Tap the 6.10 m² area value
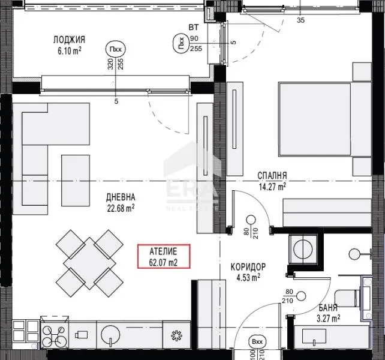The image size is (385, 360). (68, 51)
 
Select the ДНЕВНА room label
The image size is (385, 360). (121, 197)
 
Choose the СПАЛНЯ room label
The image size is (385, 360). (272, 175)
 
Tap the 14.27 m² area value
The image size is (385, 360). (272, 186)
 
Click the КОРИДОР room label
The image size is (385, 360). (248, 266)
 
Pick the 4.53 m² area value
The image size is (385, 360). (248, 277)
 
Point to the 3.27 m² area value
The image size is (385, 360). (328, 319)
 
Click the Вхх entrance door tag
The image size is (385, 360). (258, 342)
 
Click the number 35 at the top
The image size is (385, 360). (300, 20)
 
